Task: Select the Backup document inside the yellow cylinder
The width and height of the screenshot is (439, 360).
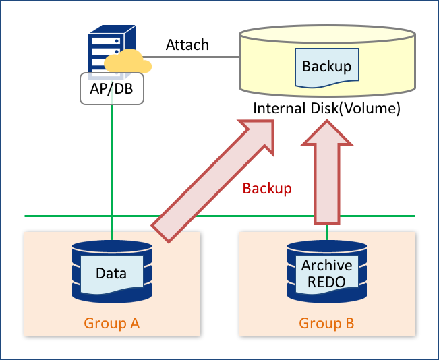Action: (326, 67)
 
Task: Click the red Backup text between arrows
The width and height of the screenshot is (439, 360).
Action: (267, 189)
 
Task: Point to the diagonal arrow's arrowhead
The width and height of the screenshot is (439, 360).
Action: (260, 136)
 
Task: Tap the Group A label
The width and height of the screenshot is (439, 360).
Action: (112, 324)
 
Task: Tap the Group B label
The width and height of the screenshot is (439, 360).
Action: (326, 324)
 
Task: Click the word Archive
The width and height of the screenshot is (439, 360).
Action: (327, 265)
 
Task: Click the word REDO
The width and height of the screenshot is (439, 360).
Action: (327, 281)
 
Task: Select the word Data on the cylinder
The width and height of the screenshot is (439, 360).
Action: (111, 273)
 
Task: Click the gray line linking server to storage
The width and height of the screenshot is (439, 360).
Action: (192, 57)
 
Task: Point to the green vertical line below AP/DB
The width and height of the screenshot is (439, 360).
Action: (112, 162)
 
